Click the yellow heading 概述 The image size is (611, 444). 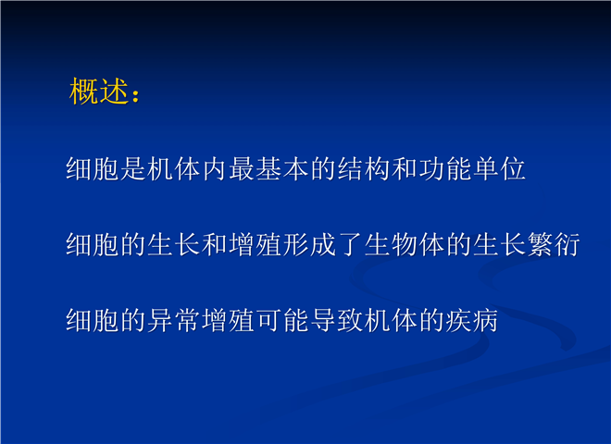99,92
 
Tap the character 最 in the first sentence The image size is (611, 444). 242,169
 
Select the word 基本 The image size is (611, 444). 282,169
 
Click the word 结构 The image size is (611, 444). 364,169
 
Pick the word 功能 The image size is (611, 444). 445,169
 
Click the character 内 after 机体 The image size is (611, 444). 215,169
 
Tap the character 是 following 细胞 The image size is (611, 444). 133,169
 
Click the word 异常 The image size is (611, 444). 174,320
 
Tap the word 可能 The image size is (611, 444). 282,320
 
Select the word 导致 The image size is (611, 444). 337,320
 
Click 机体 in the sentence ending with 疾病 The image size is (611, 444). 392,320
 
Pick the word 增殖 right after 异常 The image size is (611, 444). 229,320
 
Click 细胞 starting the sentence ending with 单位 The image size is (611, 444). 93,169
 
